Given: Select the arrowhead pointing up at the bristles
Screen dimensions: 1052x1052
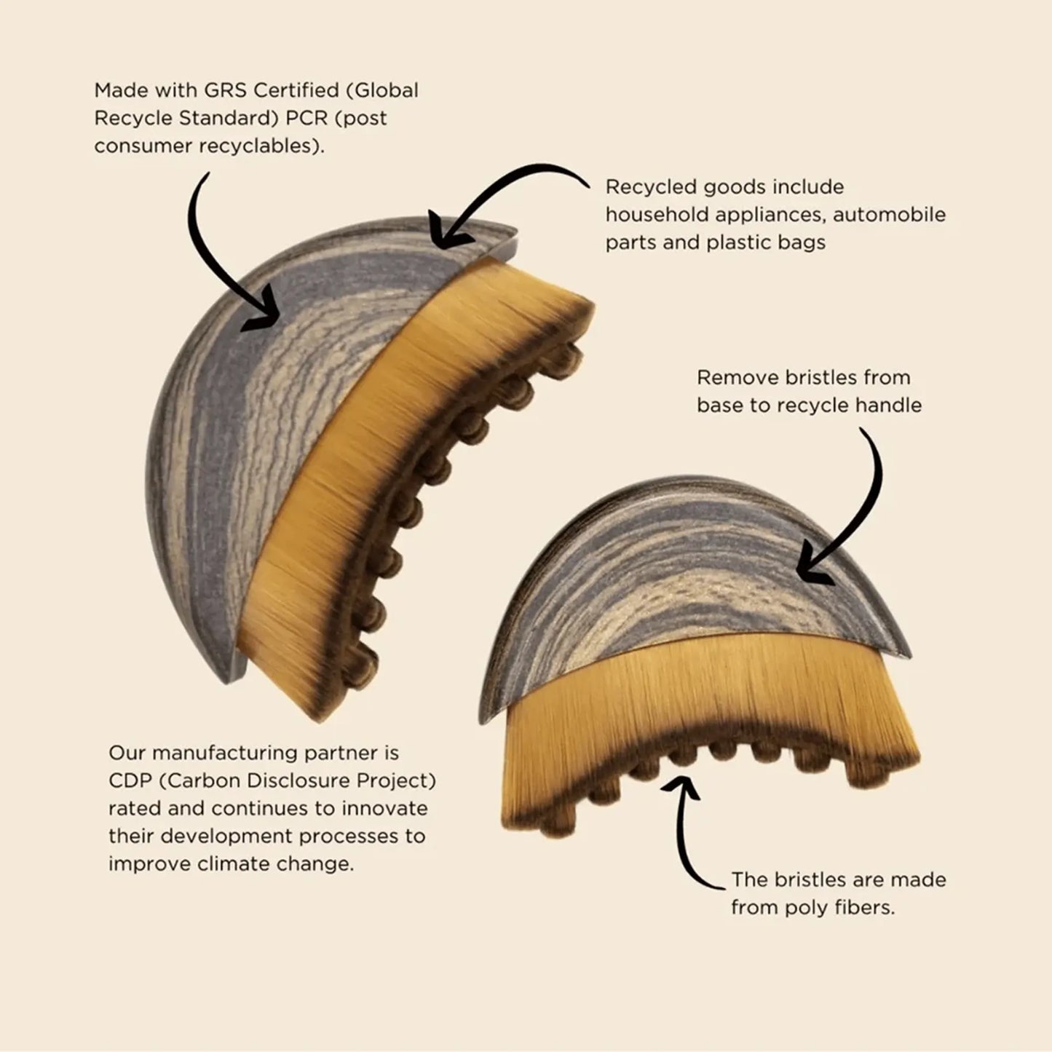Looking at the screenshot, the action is pyautogui.click(x=680, y=786).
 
